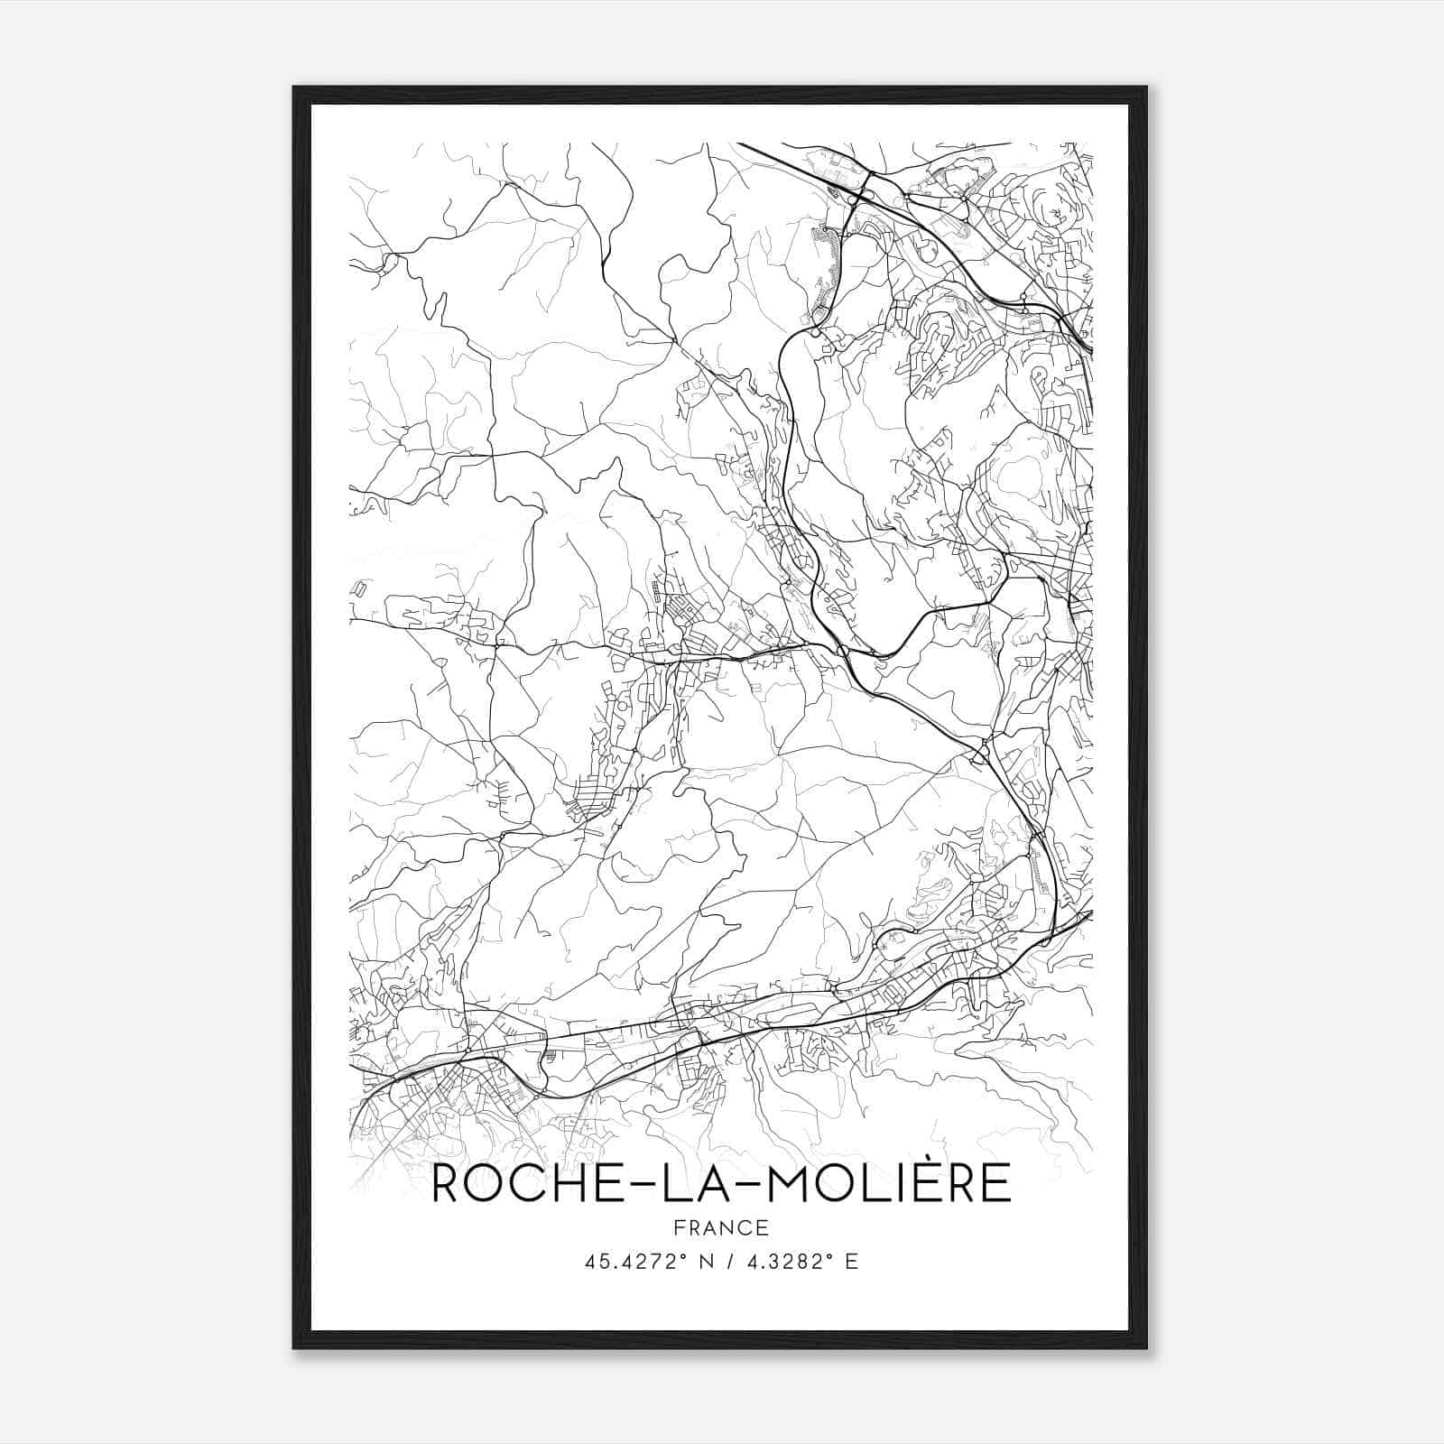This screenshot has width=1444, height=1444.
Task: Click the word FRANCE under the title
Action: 720,1228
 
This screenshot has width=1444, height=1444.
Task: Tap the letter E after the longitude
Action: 851,1262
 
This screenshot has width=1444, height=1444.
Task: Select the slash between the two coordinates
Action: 727,1262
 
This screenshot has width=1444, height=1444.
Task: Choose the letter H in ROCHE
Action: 551,1184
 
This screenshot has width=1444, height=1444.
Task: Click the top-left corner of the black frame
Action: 293,87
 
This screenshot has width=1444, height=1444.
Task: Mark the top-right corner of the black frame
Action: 1147,87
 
